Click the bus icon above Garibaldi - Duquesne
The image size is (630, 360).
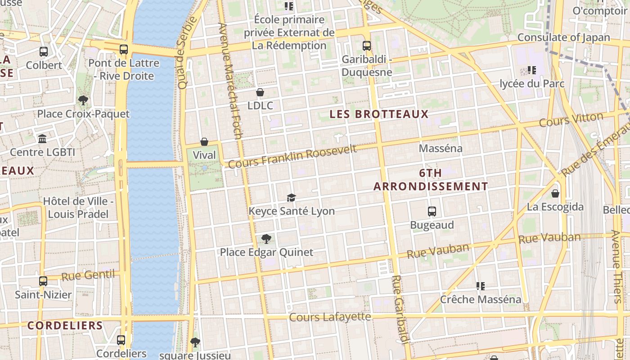[x=367, y=45]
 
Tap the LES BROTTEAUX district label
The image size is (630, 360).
[x=379, y=114]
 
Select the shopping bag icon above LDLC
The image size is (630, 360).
[x=260, y=92]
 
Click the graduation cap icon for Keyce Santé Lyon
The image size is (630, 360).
[x=291, y=198]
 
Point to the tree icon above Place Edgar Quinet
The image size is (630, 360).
[x=266, y=238]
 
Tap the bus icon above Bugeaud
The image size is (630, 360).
[x=432, y=211]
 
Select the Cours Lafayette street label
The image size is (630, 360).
[x=330, y=317]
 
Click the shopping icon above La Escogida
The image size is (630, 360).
[x=555, y=193]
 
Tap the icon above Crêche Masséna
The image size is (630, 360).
[x=480, y=286]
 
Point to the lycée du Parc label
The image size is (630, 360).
[x=531, y=84]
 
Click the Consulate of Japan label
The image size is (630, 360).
[x=563, y=37]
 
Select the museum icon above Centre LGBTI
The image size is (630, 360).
[x=42, y=139]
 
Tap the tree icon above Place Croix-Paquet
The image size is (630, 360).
[x=83, y=100]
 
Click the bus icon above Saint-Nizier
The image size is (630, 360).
[x=43, y=281]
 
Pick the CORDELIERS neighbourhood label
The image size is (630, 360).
[x=65, y=325]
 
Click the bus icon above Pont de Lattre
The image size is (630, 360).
[x=123, y=49]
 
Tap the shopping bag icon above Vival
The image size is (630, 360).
[x=204, y=142]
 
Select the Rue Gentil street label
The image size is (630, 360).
[x=88, y=275]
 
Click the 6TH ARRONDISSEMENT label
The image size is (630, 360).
[x=431, y=180]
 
